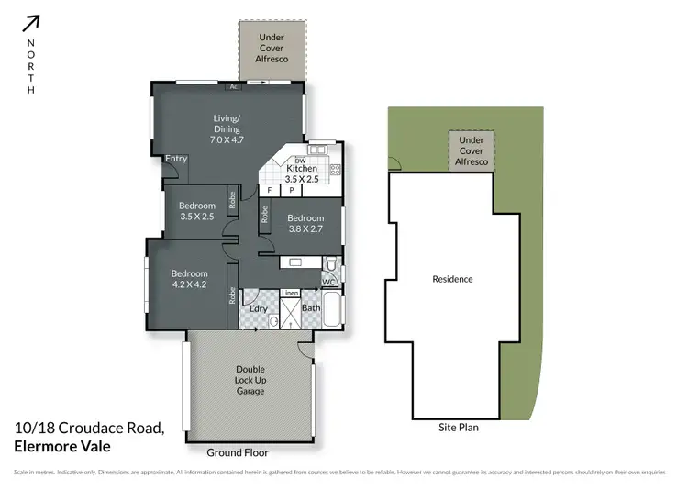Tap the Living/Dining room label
pyautogui.click(x=226, y=124)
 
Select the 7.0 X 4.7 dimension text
pyautogui.click(x=226, y=140)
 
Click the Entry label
pyautogui.click(x=176, y=159)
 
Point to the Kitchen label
pyautogui.click(x=302, y=169)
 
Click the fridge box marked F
pyautogui.click(x=270, y=190)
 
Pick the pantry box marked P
pyautogui.click(x=292, y=190)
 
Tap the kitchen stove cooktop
pyautogui.click(x=335, y=169)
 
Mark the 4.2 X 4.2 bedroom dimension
pyautogui.click(x=189, y=285)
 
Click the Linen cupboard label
pyautogui.click(x=289, y=293)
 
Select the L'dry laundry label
pyautogui.click(x=259, y=308)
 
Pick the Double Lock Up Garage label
pyautogui.click(x=250, y=380)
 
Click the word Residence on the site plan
pyautogui.click(x=452, y=278)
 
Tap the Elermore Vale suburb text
pyautogui.click(x=62, y=447)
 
